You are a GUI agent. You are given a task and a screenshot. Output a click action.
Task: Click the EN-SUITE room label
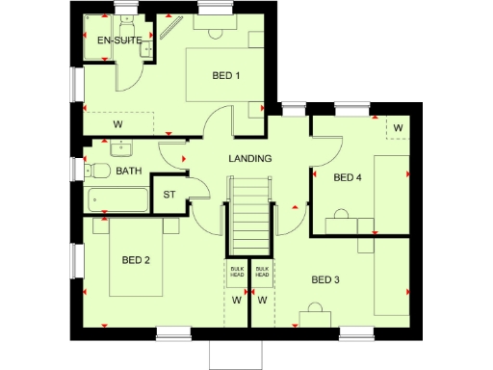120,40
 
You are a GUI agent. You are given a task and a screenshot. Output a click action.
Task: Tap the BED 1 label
226,77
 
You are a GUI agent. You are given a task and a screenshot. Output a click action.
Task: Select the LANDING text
249,158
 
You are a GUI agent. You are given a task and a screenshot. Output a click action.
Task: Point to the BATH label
128,172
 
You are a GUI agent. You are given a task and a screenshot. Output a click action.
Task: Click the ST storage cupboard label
169,195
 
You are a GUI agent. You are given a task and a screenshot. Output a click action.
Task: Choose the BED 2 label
136,259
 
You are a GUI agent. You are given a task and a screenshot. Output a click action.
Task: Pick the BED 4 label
348,177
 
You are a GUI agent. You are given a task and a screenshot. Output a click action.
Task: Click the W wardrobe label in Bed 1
117,124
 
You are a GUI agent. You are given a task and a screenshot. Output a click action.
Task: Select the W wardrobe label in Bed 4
397,127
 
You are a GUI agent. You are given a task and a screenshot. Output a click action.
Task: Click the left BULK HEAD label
236,273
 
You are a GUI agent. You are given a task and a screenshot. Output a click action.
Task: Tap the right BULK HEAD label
262,273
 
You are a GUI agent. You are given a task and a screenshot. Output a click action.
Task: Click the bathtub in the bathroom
117,201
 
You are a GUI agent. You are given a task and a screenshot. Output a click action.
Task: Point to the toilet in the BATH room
98,172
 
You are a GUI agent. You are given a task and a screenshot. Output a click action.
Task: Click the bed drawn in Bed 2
136,258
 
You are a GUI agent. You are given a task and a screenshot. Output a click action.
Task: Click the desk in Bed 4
349,225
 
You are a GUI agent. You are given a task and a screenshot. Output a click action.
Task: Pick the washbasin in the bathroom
121,148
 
